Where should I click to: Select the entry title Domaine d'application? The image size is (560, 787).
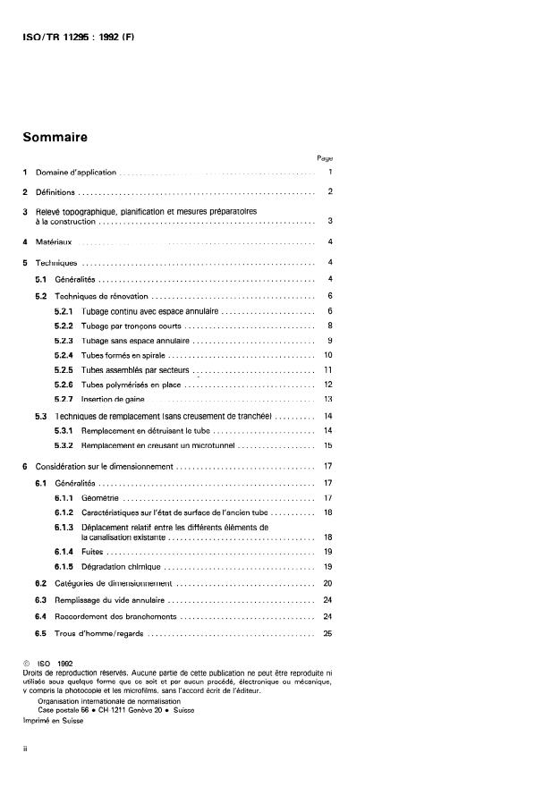(x=76, y=172)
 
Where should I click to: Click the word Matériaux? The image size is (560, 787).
(x=55, y=241)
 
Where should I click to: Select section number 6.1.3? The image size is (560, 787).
(x=64, y=527)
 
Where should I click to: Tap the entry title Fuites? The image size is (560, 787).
(x=93, y=553)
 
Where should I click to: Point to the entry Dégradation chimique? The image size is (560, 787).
(x=120, y=567)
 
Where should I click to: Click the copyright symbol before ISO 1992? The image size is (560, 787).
(x=26, y=663)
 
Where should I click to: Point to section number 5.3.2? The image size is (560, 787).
(x=64, y=444)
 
